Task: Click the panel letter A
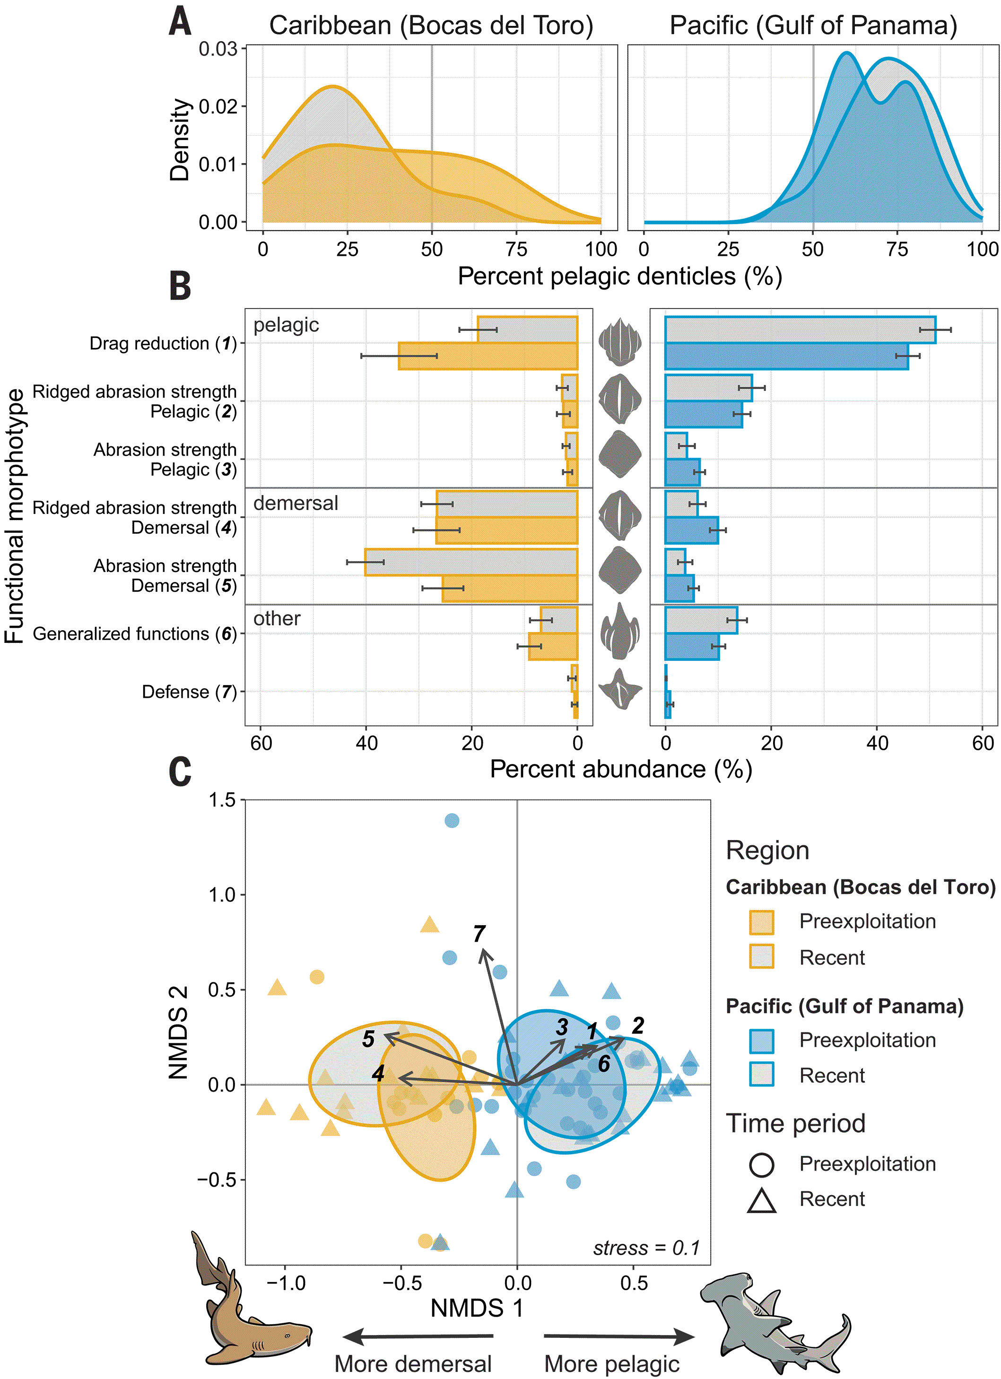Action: [180, 21]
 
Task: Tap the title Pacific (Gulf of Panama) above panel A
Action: [813, 26]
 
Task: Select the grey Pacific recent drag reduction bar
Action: [801, 330]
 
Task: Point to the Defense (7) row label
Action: [189, 692]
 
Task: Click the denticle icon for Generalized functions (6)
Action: [620, 631]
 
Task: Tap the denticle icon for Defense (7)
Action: [620, 689]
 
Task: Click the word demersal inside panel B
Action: [296, 503]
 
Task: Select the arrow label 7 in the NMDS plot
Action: [479, 933]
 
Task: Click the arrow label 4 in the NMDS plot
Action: [378, 1073]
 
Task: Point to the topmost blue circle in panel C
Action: [452, 821]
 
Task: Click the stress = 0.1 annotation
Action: [646, 1248]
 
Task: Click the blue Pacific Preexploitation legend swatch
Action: [761, 1041]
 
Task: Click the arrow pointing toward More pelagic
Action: [619, 1336]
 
